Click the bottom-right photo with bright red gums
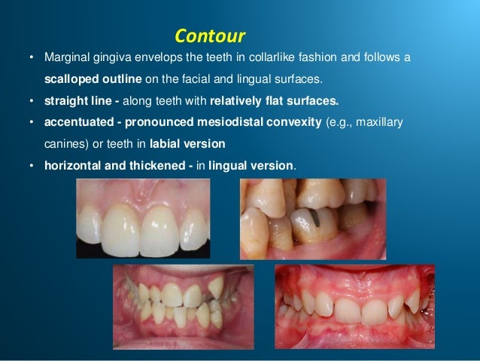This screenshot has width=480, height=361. (354, 306)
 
